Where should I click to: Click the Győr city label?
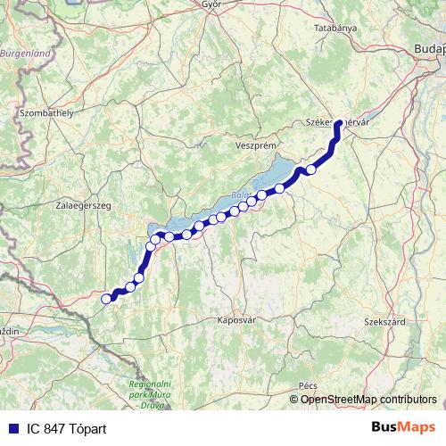[211, 4]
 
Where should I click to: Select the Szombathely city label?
[46, 113]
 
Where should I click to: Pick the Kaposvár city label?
[236, 318]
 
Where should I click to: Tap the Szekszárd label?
[385, 320]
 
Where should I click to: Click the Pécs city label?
[309, 384]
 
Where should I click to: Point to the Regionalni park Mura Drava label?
[150, 388]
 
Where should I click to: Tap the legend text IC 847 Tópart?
[67, 429]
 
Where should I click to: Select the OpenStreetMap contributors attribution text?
[368, 399]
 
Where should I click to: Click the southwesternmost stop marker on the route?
[106, 299]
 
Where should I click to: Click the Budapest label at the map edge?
[429, 49]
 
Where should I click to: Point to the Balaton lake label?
[239, 194]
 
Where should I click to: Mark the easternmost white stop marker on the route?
[311, 169]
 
